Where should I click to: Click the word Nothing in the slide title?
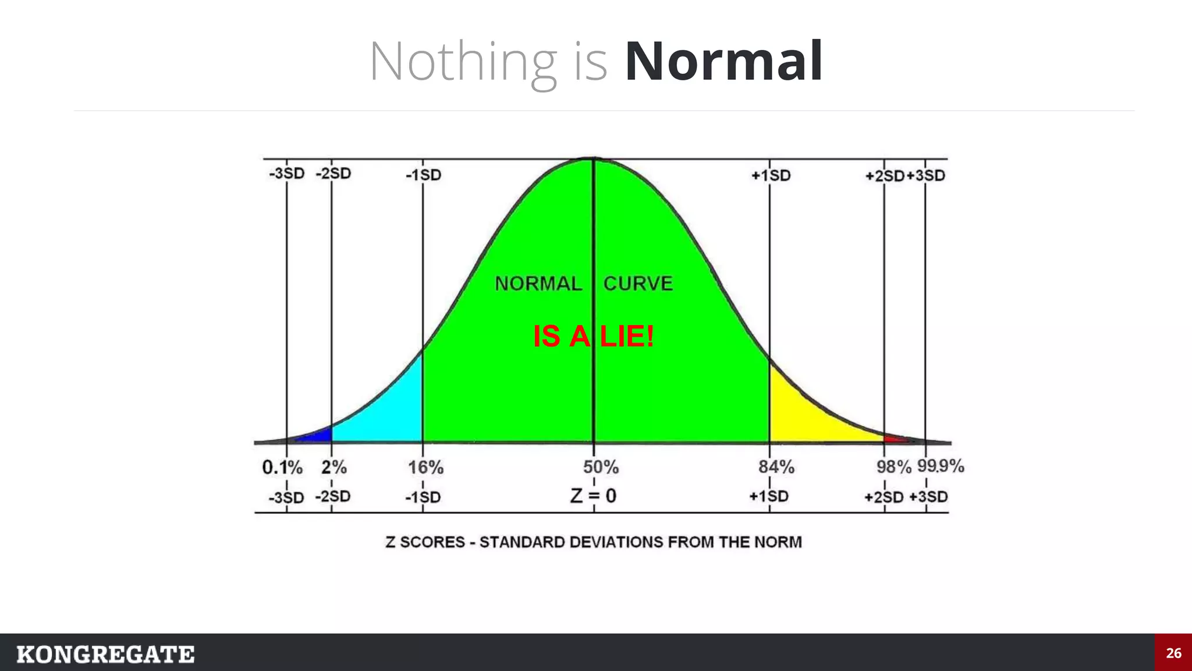[463, 62]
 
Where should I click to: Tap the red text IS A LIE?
[593, 336]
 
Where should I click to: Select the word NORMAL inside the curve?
[538, 284]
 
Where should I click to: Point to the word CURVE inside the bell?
[638, 284]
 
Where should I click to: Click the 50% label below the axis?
[601, 467]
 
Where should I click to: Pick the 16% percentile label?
[425, 467]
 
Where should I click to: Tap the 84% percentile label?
[776, 467]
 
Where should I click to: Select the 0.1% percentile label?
[282, 467]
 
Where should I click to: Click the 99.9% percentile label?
[941, 466]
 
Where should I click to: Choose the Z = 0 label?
[593, 496]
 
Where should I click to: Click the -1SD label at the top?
[424, 175]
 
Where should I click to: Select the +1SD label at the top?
[771, 175]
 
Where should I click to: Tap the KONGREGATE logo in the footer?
[105, 654]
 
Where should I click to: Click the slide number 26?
[1173, 653]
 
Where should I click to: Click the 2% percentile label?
[334, 467]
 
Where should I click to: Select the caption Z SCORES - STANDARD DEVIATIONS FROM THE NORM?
[593, 542]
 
